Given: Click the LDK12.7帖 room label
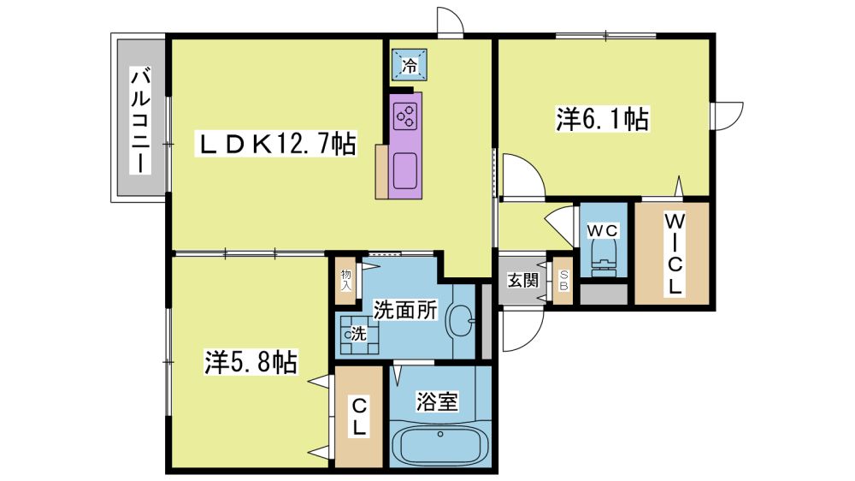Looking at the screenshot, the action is [x=276, y=144].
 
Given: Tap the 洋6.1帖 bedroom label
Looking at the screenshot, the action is [x=602, y=118].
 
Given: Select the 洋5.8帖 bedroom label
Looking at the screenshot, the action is [x=251, y=361].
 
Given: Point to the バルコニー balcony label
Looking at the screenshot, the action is [x=140, y=121].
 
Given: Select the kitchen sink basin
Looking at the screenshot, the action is [x=404, y=171].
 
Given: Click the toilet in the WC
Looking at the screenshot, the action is [x=603, y=257].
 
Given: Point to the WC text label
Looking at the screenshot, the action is [x=603, y=231].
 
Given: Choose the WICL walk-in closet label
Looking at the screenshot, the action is [x=675, y=254].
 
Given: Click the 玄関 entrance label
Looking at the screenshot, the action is [x=523, y=280].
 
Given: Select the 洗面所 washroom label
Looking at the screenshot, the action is [x=405, y=310].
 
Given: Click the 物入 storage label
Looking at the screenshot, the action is [x=345, y=280].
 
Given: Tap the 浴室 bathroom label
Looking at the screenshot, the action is [x=437, y=401].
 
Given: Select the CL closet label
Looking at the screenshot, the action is [x=358, y=416].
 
